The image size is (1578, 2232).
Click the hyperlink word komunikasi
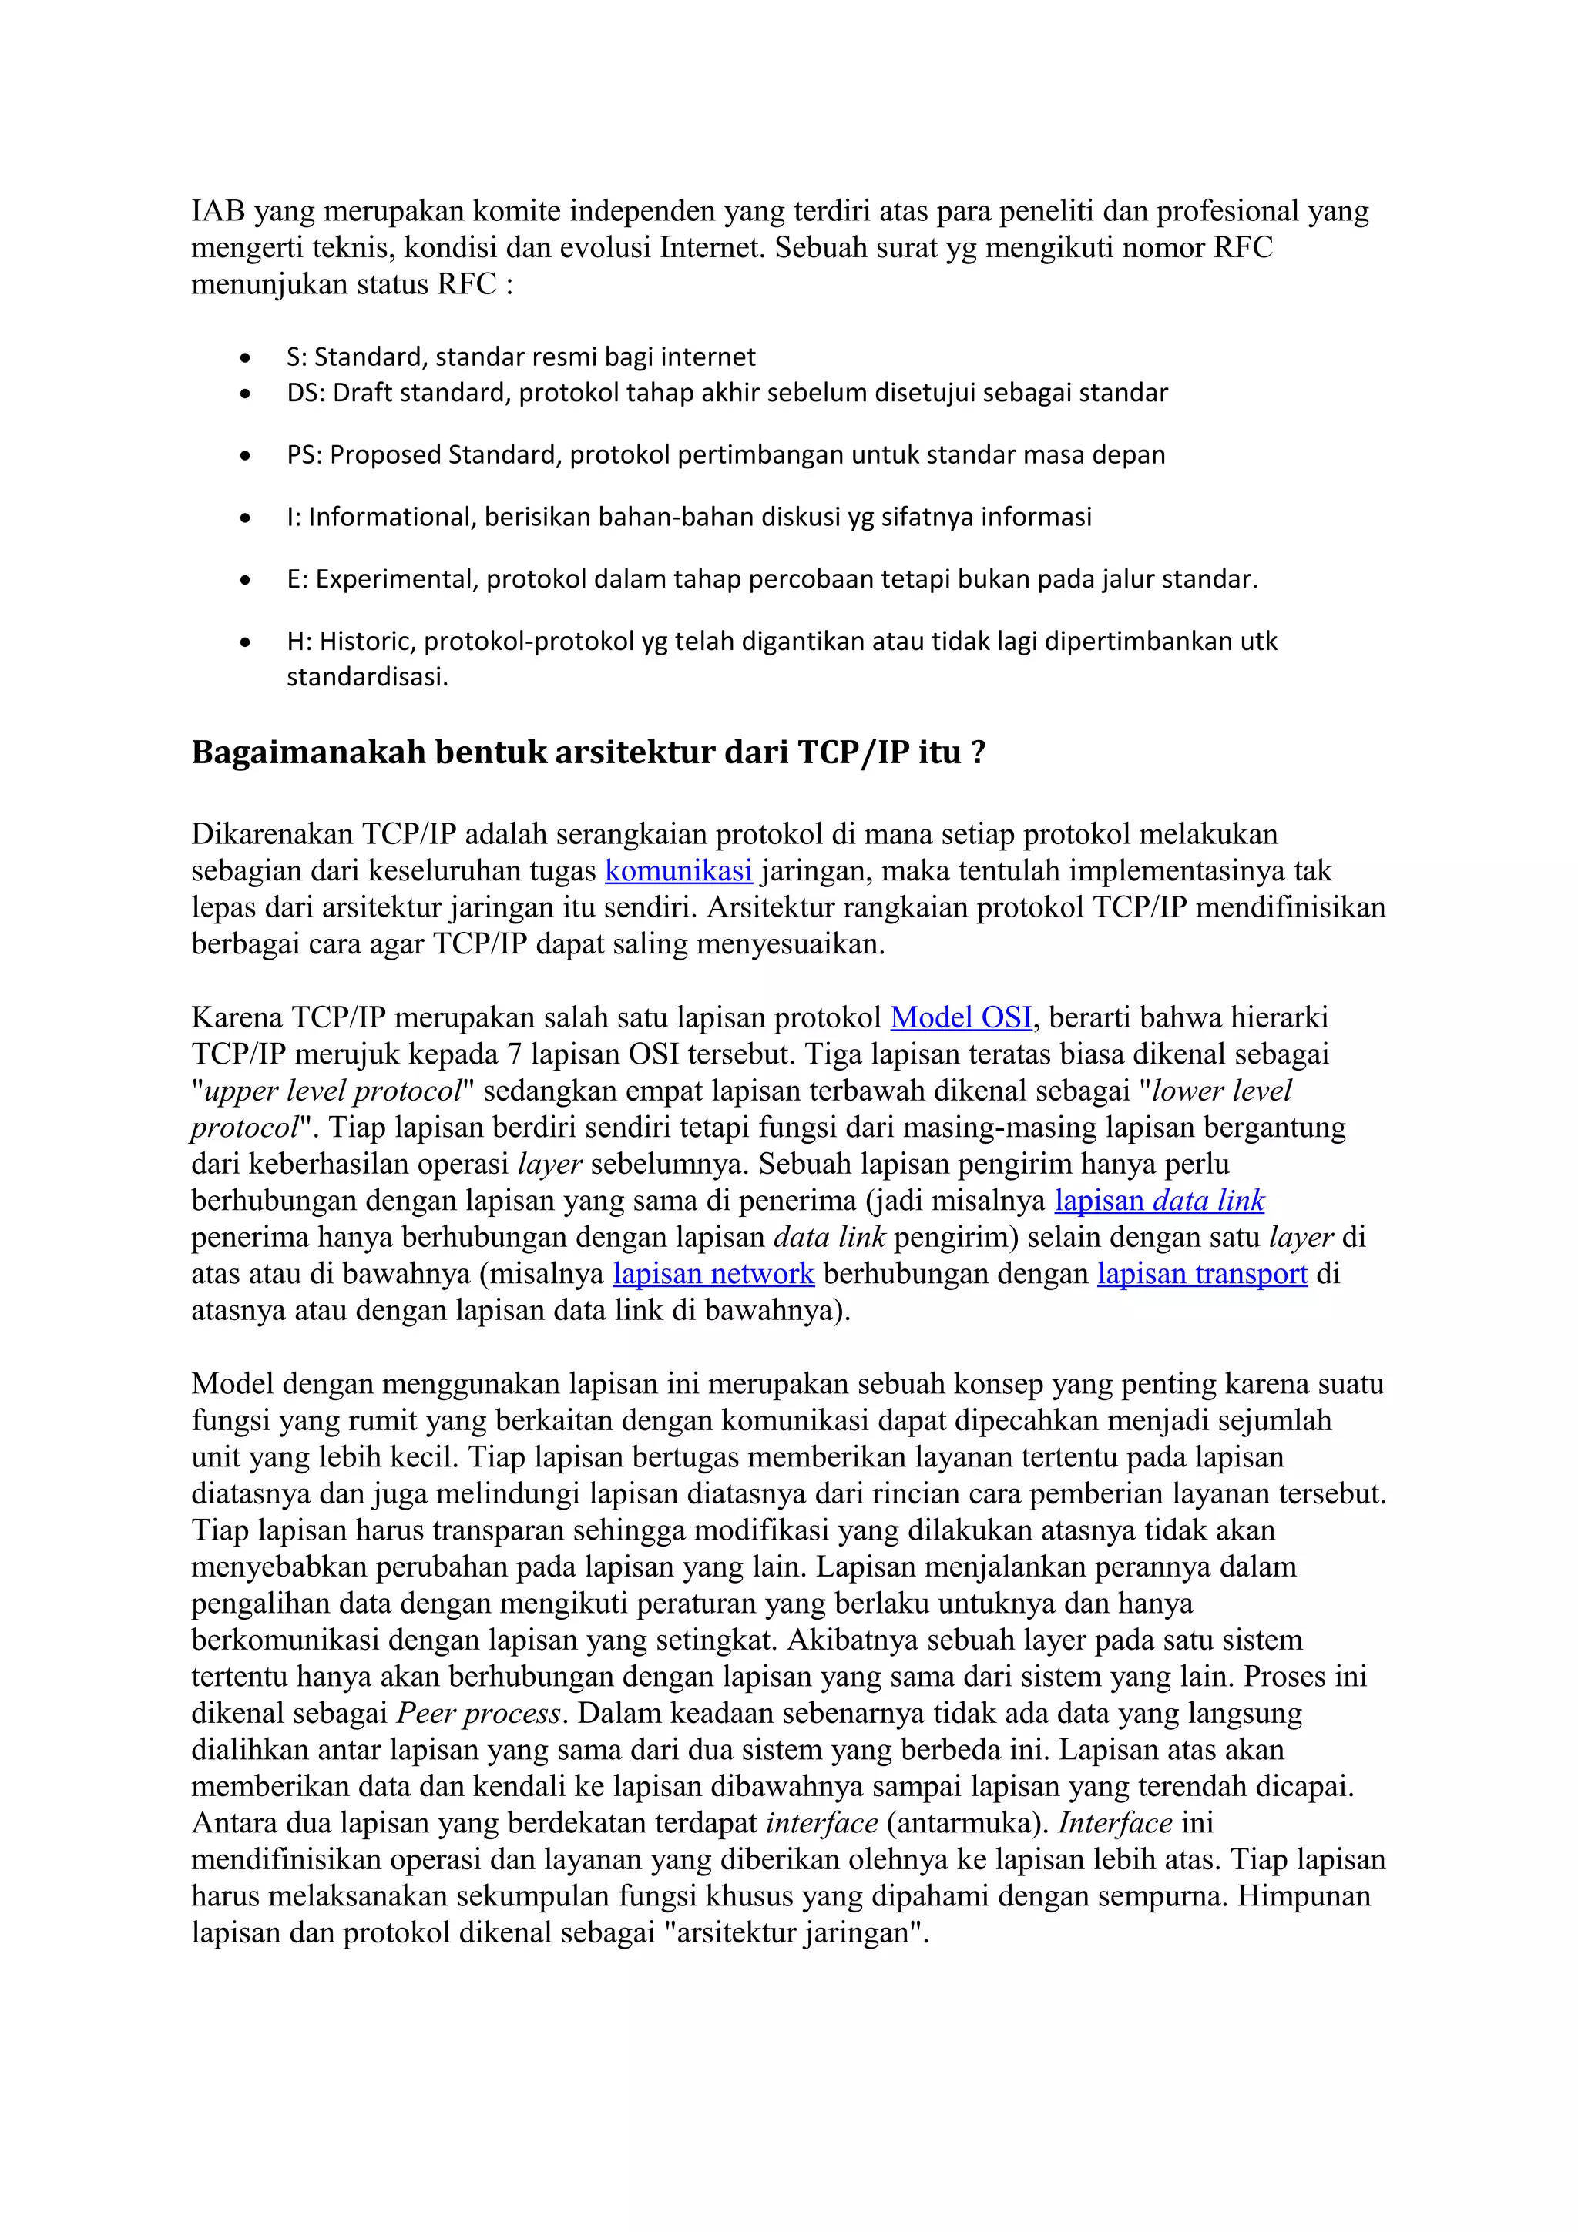coord(678,871)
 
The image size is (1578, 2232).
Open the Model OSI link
coord(961,1018)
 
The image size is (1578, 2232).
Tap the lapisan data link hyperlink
coord(1159,1201)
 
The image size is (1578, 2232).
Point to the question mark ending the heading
coord(978,752)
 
